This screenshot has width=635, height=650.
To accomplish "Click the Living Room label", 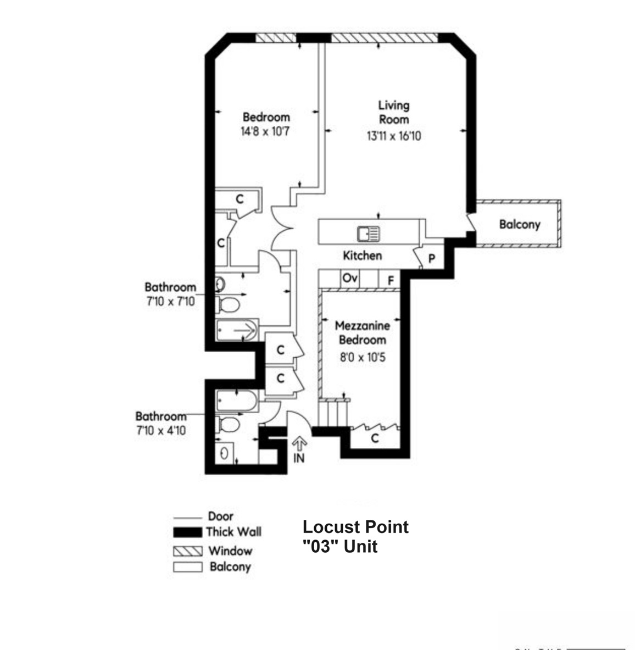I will point(393,112).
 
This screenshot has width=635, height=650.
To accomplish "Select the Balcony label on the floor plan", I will point(519,224).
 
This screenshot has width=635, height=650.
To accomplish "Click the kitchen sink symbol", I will point(369,234).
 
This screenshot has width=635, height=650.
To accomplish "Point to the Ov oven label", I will point(349,278).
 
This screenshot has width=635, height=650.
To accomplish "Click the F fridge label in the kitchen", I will point(391,280).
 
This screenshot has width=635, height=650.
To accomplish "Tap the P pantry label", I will point(432,258).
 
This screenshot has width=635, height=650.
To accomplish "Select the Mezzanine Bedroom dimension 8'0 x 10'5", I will point(362,357).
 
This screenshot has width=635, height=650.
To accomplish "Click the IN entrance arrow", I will point(299,445).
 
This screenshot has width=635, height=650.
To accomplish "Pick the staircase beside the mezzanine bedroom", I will point(332,412).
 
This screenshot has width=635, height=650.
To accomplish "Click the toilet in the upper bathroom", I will point(229,304).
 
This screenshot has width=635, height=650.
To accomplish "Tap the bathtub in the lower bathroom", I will point(237,401).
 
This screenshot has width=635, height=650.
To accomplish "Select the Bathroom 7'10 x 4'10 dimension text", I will point(161,430).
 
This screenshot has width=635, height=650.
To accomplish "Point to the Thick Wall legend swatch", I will point(187,532).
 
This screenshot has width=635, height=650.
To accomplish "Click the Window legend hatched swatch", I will point(187,551).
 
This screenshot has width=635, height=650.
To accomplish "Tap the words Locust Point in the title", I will point(355,527).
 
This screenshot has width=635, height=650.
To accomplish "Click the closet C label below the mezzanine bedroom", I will point(375,438).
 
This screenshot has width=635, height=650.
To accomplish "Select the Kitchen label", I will point(362,255).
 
